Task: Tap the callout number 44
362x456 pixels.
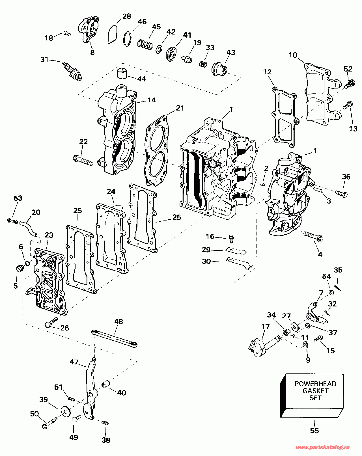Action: pos(141,79)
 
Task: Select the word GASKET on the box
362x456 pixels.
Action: pos(315,391)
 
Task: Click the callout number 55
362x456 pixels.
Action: pos(314,431)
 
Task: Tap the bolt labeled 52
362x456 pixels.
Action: pos(350,83)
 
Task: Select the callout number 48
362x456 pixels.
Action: pos(119,321)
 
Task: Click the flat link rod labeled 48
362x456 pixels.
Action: pos(115,338)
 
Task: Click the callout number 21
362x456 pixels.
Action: pos(180,108)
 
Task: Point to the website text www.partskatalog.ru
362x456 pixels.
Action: pos(322,448)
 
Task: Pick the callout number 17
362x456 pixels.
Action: pos(265,327)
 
